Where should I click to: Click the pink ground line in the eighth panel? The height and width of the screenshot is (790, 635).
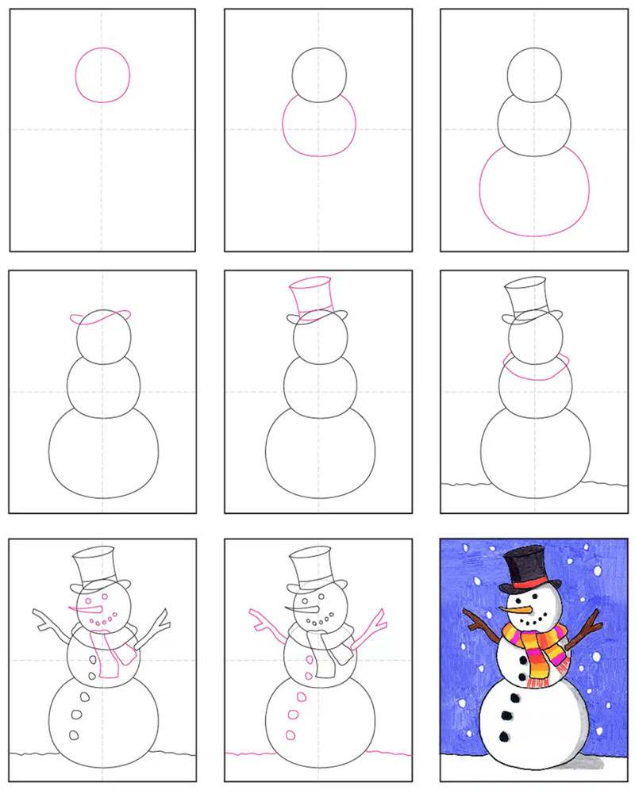point(317,752)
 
